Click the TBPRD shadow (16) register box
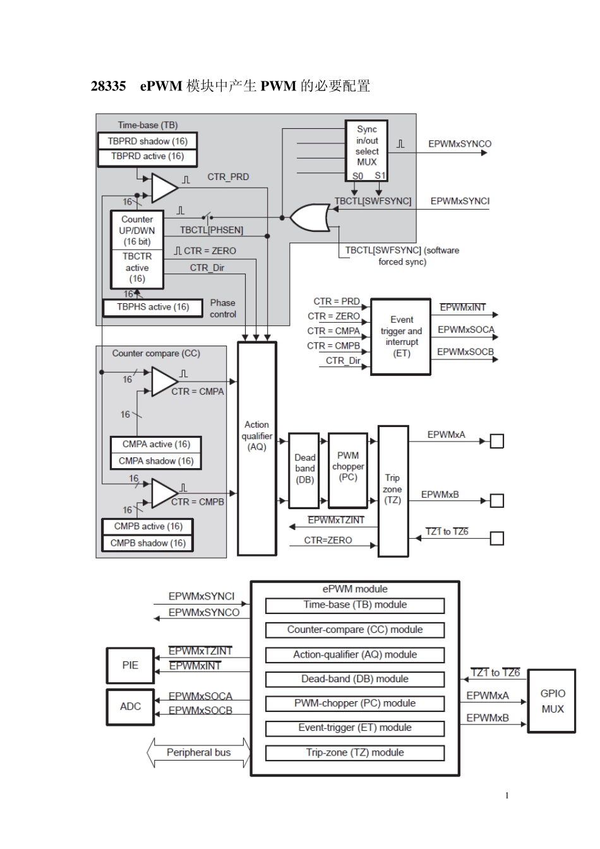147,141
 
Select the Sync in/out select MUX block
366,150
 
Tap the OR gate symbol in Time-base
309,217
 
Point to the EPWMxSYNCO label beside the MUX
459,144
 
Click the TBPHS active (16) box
153,308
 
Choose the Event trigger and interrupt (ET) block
401,337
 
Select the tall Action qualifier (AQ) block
257,449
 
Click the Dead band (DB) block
304,471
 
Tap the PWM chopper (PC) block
348,470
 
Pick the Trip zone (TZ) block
393,491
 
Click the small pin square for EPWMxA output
497,441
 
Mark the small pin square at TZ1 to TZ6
497,538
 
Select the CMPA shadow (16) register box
156,461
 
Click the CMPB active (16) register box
148,526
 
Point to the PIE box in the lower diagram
130,665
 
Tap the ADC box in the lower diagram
130,706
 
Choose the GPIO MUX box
551,701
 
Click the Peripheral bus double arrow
198,752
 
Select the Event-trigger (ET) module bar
355,728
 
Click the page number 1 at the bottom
507,795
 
